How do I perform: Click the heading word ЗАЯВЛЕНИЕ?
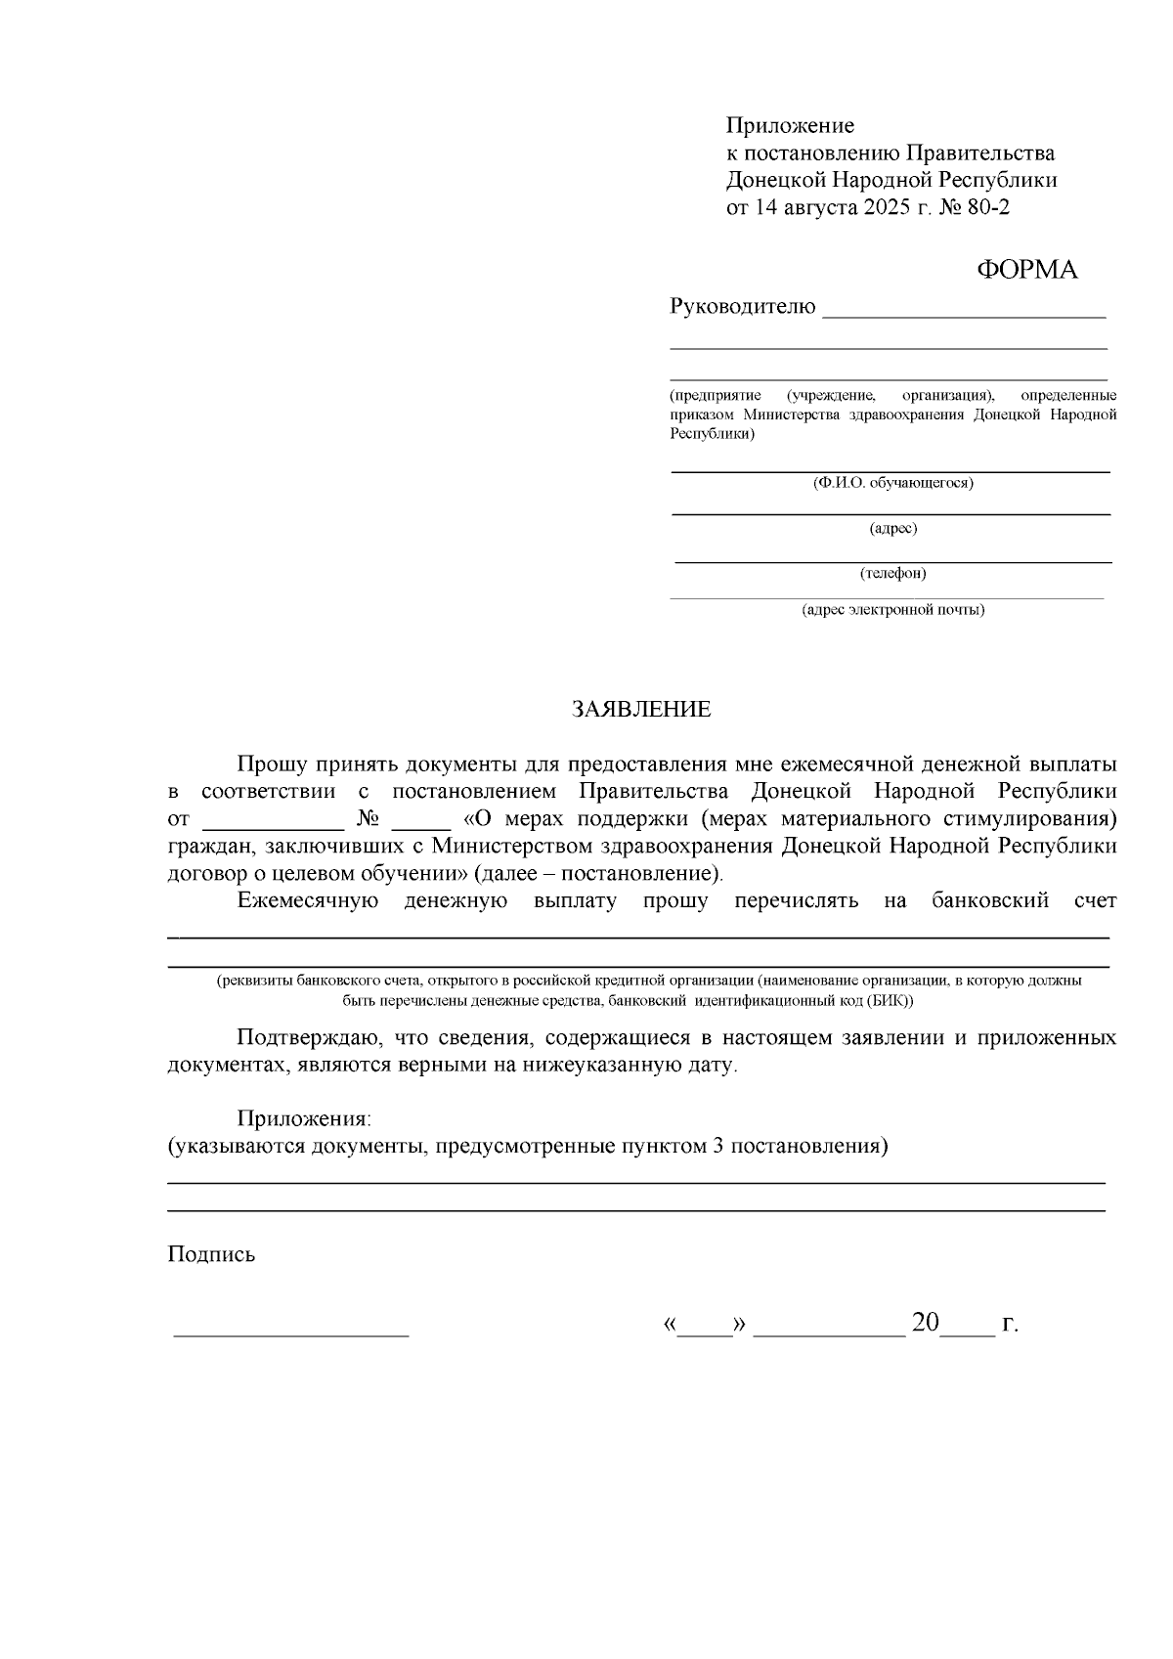point(641,710)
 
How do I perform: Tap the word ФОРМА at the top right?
point(1027,271)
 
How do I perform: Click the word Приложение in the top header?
point(790,125)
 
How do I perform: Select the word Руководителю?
point(742,307)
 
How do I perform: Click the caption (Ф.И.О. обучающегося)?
point(892,483)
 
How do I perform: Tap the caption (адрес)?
point(892,529)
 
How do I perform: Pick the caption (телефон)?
point(892,574)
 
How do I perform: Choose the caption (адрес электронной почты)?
point(892,610)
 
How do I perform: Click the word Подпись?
point(211,1254)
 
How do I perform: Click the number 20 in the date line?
point(925,1324)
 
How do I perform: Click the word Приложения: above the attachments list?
point(304,1118)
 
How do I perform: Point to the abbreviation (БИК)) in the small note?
point(890,1001)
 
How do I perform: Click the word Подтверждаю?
point(305,1037)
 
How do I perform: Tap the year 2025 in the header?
point(887,207)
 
